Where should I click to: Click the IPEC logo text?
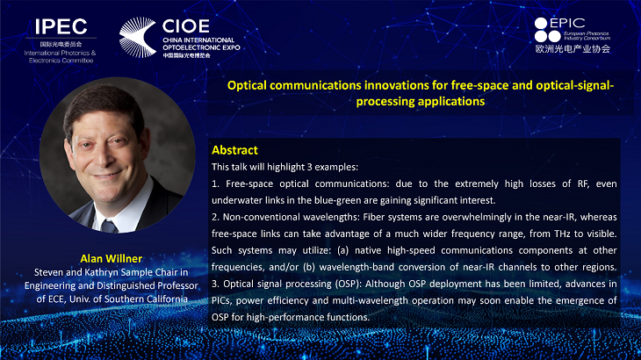coord(61,26)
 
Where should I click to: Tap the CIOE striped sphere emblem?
coord(138,37)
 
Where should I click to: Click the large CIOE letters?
coord(186,26)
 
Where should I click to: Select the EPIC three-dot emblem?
coord(547,30)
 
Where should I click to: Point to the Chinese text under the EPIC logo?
coord(573,48)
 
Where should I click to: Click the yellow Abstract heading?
coord(234,150)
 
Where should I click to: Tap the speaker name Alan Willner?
coord(112,258)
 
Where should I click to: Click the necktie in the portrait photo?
coord(110,226)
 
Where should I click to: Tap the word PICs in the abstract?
coord(221,301)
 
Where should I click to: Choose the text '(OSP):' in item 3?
coord(349,284)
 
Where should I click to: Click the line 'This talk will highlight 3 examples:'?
coord(284,167)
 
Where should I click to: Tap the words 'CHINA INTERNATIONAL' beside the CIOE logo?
coord(198,40)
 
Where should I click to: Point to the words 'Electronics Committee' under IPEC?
coord(61,61)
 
